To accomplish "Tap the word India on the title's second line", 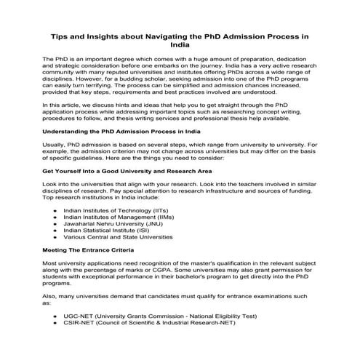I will [180, 44].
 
